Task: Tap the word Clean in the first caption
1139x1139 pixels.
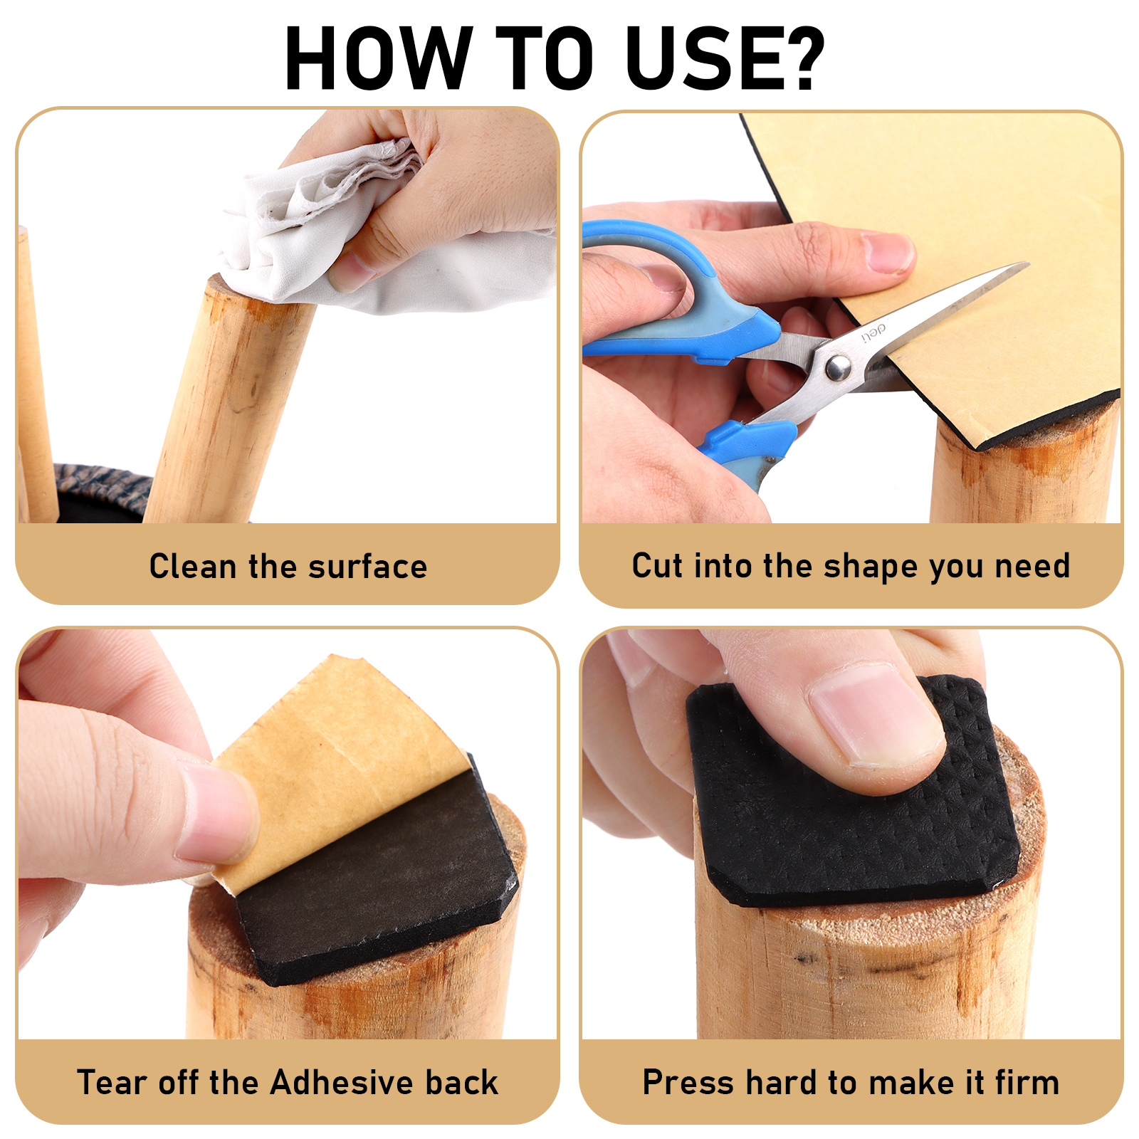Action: click(193, 567)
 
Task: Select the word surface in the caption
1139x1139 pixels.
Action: click(367, 567)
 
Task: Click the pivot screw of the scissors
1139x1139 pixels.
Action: click(837, 367)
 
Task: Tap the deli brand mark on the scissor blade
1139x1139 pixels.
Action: click(873, 332)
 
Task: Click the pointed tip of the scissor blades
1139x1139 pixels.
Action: click(1027, 264)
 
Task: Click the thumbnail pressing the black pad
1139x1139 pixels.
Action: click(874, 715)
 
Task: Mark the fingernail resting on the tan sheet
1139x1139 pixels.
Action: click(887, 253)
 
